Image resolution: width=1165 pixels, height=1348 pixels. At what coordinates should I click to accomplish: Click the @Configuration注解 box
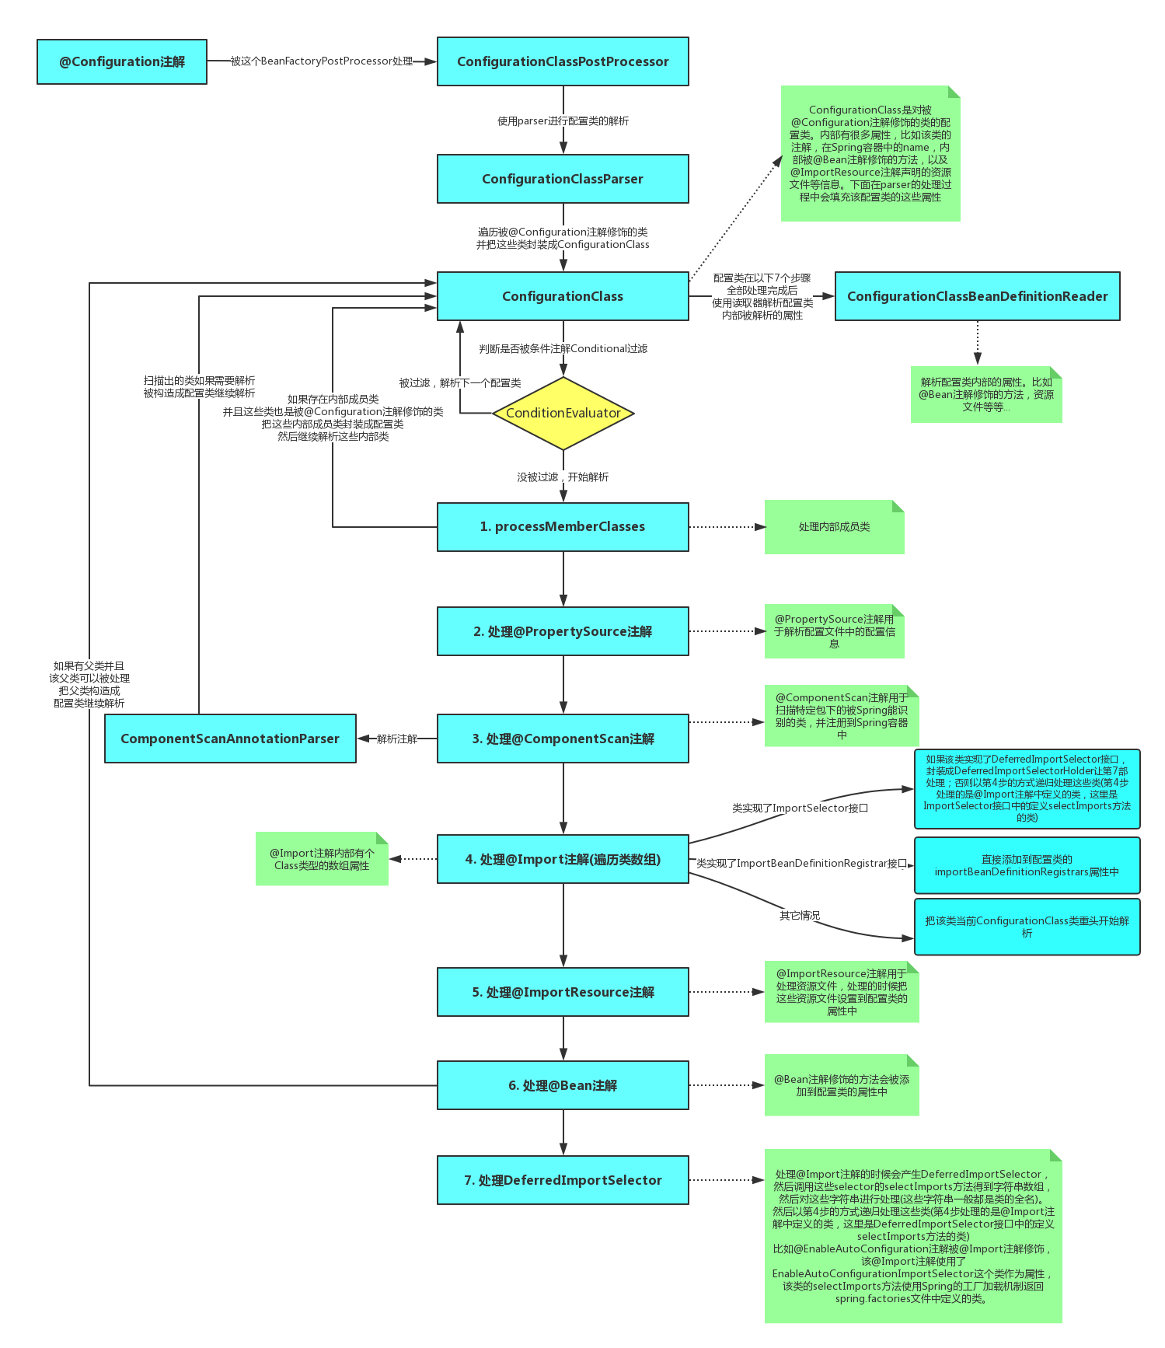coord(122,61)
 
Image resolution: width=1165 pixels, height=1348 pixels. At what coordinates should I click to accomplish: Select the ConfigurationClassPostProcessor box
coord(563,61)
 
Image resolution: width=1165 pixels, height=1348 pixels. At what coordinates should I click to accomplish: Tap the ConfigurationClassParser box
coord(563,179)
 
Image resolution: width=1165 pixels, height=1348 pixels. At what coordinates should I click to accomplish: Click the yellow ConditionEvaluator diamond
coord(563,413)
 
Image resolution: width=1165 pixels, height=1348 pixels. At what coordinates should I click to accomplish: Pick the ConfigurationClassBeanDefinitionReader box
coord(977,296)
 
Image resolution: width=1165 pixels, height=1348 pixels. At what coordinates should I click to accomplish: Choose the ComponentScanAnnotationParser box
coord(230,739)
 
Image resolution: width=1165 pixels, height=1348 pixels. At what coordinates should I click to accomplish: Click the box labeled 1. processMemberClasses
coord(563,526)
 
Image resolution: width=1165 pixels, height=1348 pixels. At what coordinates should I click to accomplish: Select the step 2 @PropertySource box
coord(563,631)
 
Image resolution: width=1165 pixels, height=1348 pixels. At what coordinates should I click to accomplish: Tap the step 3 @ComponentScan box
coord(563,739)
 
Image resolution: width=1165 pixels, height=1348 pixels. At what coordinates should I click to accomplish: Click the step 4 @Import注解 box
coord(563,859)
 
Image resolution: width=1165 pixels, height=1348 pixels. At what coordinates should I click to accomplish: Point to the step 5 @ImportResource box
coord(563,992)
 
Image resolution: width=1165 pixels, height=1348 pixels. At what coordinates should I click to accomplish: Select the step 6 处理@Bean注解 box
coord(563,1085)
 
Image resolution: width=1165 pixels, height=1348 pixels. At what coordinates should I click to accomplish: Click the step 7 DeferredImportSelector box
coord(563,1180)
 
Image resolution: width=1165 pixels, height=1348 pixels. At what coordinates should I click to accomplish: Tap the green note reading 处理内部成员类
coord(834,527)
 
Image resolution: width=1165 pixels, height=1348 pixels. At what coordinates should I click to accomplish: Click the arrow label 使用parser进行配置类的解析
coord(563,120)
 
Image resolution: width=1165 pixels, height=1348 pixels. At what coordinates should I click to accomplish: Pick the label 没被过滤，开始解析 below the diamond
coord(563,477)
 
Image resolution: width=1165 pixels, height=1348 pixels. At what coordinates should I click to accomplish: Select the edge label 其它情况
coord(800,915)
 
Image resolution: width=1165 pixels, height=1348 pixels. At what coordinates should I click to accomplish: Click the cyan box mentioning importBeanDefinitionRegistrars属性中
coord(1027,865)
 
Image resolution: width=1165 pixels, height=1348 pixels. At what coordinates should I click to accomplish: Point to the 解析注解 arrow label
coord(396,739)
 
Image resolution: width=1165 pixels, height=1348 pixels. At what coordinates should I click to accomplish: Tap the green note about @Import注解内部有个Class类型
coord(321,859)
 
